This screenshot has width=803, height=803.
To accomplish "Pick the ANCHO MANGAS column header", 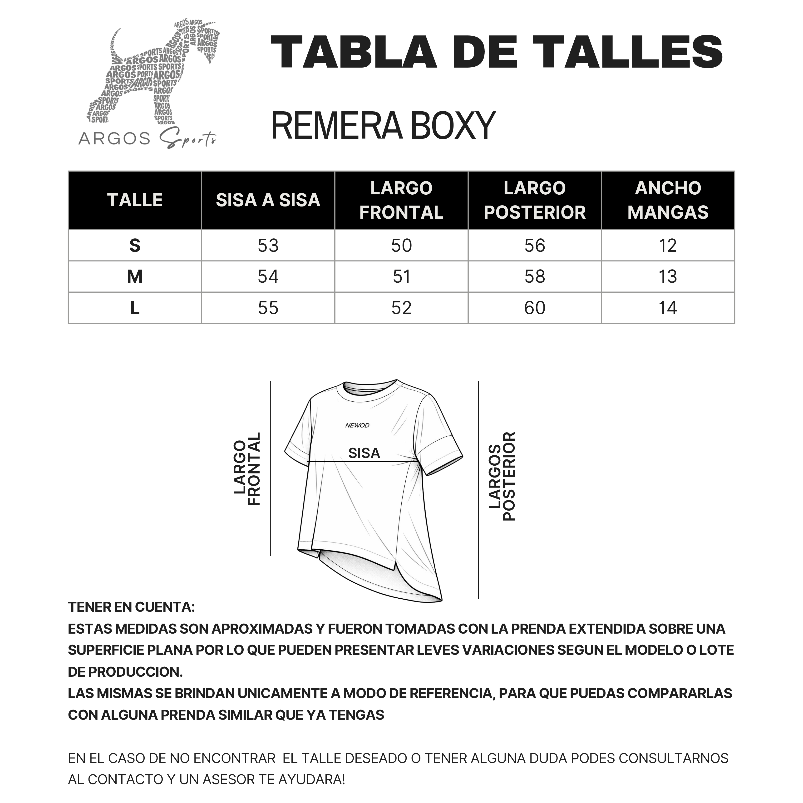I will pos(668,200).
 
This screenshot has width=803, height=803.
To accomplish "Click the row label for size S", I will pos(135,246).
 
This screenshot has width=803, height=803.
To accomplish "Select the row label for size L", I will pos(135,308).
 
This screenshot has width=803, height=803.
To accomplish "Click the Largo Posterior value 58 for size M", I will pos(535,277).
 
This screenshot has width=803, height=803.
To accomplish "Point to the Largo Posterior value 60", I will pos(535,308).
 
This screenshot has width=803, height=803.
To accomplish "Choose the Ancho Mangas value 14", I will pos(668,308).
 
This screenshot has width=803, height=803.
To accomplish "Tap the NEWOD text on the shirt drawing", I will pos(357,425).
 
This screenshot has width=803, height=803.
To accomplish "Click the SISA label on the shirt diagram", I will pos(364,453).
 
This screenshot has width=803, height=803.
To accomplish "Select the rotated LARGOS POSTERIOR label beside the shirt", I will pos(502,476).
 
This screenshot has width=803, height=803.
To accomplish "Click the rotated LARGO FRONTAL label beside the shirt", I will pos(247,469).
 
